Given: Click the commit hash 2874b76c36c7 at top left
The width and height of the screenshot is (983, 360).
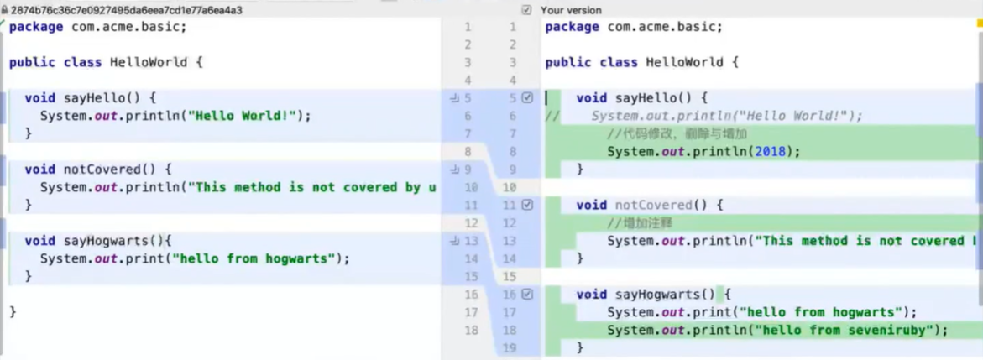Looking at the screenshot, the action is [126, 10].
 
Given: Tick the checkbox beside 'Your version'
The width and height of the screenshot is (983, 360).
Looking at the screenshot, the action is [526, 10].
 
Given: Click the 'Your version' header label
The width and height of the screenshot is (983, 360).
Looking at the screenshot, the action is [571, 10].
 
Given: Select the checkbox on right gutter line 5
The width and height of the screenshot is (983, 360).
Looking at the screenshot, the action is [527, 98].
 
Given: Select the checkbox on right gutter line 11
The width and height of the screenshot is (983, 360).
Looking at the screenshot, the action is [527, 205].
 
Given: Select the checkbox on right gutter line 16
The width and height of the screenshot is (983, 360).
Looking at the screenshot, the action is [527, 295].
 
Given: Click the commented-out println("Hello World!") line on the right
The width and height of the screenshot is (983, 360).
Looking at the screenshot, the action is [726, 116].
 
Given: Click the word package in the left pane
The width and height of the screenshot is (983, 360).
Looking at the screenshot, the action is [36, 27].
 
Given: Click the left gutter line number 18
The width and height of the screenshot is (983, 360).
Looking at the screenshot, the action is [471, 330].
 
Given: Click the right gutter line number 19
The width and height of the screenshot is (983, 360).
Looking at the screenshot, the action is [510, 347].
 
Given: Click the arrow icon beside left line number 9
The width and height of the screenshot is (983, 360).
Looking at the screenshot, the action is [454, 170].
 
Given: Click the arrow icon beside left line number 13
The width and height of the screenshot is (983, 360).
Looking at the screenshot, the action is [454, 241].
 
